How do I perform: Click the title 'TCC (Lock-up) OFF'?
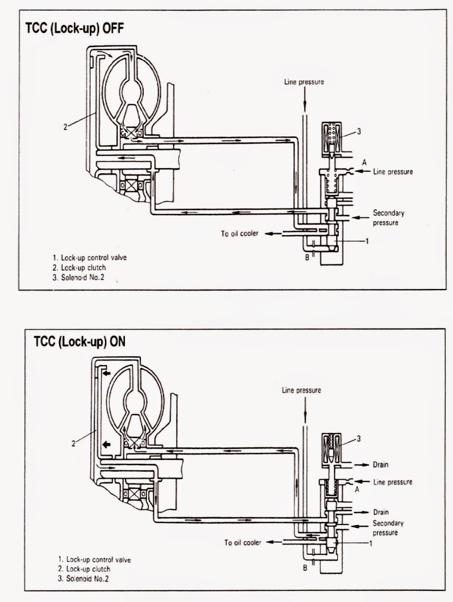[74, 29]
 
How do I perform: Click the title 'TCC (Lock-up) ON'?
[79, 341]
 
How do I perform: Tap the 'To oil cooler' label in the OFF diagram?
[240, 234]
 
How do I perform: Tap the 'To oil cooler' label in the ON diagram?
[243, 543]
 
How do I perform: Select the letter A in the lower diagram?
[357, 490]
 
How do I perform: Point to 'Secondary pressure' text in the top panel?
[388, 217]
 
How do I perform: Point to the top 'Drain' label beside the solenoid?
[380, 465]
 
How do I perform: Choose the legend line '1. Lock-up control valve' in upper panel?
[90, 258]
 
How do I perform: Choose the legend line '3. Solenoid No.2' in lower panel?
[83, 579]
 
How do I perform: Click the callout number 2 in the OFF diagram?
[65, 127]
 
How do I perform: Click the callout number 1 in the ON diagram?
[371, 543]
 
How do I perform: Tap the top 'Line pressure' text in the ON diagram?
[301, 390]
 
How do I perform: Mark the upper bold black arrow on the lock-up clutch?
[107, 373]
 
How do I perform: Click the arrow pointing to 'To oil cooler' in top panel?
[273, 234]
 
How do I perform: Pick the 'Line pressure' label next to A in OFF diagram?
[393, 172]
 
